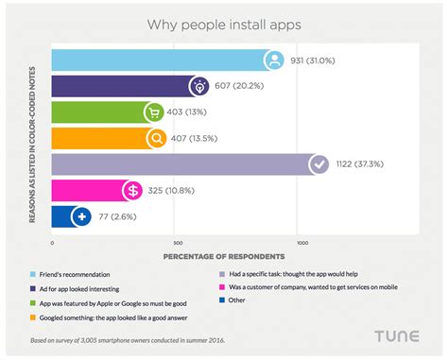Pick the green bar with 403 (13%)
coord(95,113)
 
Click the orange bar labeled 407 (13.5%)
coord(95,139)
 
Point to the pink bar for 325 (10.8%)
coord(85,191)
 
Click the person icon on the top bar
coord(273,61)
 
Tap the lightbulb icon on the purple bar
coord(201,87)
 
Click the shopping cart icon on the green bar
coord(152,113)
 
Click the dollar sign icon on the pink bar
coord(133,191)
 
